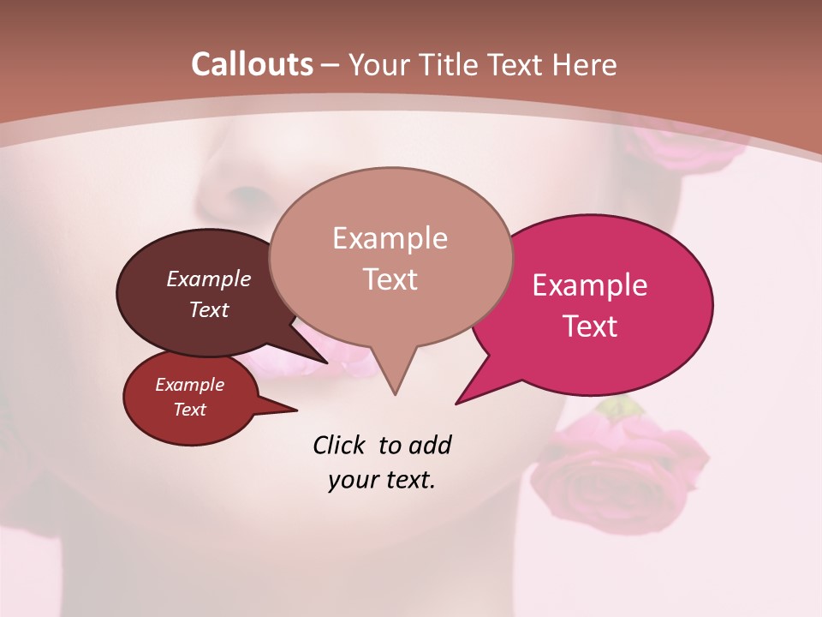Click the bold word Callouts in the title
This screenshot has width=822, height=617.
tap(252, 64)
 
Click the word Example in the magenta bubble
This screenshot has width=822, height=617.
tap(590, 285)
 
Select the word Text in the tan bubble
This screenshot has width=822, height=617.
tap(390, 279)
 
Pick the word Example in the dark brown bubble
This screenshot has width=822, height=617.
tap(209, 279)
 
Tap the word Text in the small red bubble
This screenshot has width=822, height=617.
tap(190, 410)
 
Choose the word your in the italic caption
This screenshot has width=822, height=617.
tap(353, 480)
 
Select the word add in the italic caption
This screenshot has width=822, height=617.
tap(430, 445)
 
